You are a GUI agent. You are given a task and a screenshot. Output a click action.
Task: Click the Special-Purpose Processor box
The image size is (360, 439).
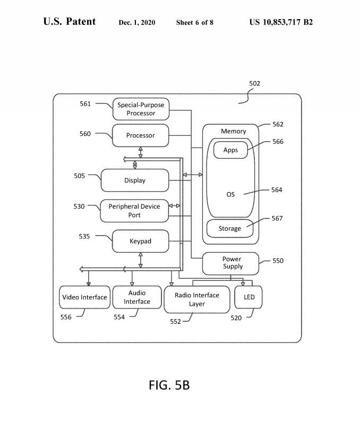(x=141, y=109)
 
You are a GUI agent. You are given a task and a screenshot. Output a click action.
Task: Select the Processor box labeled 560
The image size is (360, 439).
(x=141, y=135)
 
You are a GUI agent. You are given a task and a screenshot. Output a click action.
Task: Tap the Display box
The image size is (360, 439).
(x=135, y=180)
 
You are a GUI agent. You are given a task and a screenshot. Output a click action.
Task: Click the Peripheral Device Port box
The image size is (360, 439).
(x=134, y=211)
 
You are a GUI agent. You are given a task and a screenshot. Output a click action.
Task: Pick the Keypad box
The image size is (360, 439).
(x=141, y=241)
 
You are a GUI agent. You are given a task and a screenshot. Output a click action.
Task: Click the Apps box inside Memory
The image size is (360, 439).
(x=230, y=150)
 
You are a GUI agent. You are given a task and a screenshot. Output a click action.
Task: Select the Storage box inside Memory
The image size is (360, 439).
(x=230, y=229)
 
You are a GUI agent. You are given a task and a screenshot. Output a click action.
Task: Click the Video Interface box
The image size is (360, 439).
(x=84, y=297)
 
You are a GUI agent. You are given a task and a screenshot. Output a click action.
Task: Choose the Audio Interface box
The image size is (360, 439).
(x=137, y=297)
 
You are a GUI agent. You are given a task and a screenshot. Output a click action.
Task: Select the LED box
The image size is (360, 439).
(x=249, y=297)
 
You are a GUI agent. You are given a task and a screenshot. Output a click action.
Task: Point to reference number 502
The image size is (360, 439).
(x=255, y=83)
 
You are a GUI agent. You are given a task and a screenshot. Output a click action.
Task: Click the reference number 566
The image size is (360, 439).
(x=278, y=142)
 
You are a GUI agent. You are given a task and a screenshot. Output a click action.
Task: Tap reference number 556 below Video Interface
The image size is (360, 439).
(x=66, y=316)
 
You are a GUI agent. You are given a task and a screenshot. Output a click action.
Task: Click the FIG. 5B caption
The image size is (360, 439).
(x=169, y=385)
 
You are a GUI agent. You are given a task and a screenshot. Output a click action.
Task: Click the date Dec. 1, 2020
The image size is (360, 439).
(x=137, y=22)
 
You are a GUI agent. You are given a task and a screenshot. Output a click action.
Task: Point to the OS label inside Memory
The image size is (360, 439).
(x=230, y=195)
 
